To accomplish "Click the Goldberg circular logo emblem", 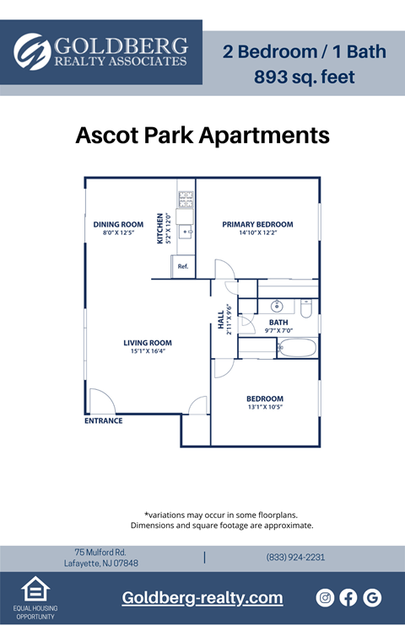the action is coord(32,52).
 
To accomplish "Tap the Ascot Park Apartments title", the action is coord(202,135).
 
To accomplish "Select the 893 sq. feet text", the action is coord(305,77).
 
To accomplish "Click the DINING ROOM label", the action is coord(118,224).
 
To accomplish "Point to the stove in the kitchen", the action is coord(186,199).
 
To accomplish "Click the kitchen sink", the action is coord(186,231).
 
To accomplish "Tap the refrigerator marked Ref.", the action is coord(183,266).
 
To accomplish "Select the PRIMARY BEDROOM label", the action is coord(257,224).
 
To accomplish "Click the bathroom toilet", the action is coord(306,308).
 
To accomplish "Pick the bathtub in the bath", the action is coord(298,348).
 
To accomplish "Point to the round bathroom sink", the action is coord(277,306).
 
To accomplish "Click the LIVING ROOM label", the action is coord(148,343).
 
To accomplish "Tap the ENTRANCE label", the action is coord(104,420).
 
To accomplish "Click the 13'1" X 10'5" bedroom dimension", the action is coord(265,407).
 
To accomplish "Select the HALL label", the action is coord(221,320).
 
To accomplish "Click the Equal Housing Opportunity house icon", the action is coord(35,589).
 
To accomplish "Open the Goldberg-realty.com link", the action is coord(202,597).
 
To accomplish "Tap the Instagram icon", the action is coord(325,598).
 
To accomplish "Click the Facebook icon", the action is coord(348,598).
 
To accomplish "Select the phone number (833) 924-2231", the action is coord(295,557).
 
